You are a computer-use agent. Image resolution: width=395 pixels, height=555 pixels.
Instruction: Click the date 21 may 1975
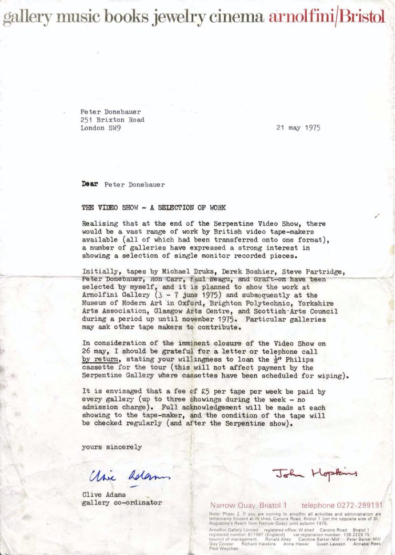coord(298,128)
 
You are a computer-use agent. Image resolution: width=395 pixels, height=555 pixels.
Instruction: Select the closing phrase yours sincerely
coord(112,447)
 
